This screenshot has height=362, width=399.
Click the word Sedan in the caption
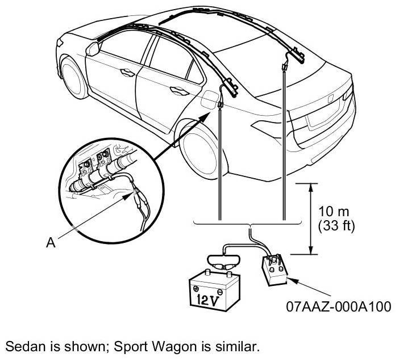pyautogui.click(x=22, y=346)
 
